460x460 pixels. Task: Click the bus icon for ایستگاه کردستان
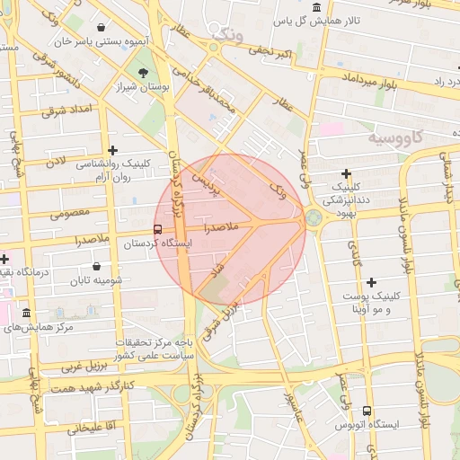tap(158, 229)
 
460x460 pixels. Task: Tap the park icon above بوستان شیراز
tap(142, 72)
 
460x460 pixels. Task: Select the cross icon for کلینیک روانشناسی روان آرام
tap(112, 150)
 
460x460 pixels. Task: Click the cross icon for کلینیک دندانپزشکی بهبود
tap(346, 172)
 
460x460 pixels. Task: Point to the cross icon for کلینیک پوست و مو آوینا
tap(371, 282)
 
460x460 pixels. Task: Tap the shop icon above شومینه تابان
tap(96, 266)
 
